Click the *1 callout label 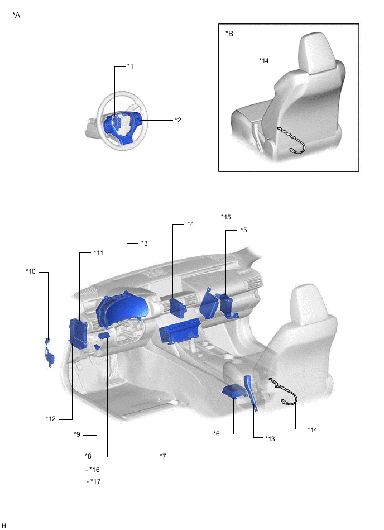[x=130, y=66]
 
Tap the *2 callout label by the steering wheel [x=178, y=120]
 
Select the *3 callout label [x=144, y=243]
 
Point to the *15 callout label [x=226, y=217]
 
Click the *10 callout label [x=30, y=271]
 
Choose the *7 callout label [x=163, y=456]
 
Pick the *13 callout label [x=270, y=439]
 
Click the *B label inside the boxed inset [x=229, y=34]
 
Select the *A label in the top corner [x=16, y=15]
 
